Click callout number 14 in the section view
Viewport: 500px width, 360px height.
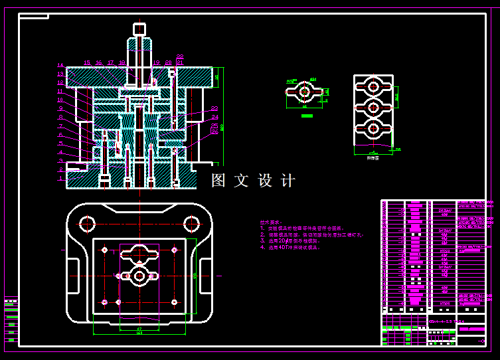point(60,65)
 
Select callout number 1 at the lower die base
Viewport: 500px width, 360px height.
point(60,178)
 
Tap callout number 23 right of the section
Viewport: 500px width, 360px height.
point(214,108)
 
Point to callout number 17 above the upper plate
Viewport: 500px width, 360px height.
point(111,63)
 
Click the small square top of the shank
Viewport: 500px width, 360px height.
point(139,29)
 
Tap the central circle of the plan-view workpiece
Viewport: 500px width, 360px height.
point(139,276)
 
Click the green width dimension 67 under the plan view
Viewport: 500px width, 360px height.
point(139,328)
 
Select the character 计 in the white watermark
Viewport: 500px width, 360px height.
point(288,181)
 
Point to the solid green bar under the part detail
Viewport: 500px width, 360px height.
point(306,116)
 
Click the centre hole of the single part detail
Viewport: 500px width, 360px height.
point(305,91)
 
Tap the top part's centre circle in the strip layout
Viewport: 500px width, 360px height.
point(373,86)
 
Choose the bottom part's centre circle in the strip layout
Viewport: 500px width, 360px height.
point(373,128)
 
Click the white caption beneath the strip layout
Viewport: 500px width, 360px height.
point(373,158)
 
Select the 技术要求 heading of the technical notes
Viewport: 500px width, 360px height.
point(270,223)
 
